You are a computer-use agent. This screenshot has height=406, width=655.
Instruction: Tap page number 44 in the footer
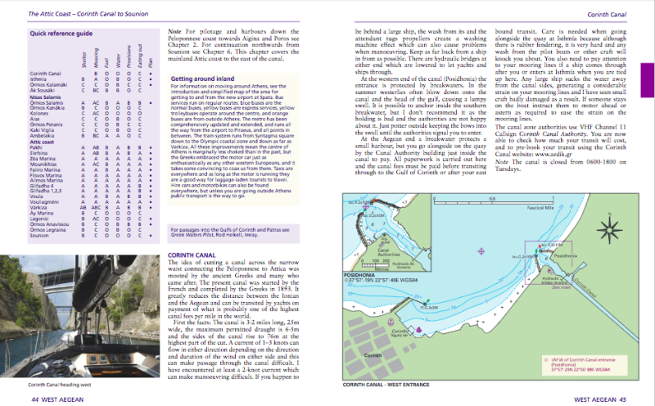pos(36,399)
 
